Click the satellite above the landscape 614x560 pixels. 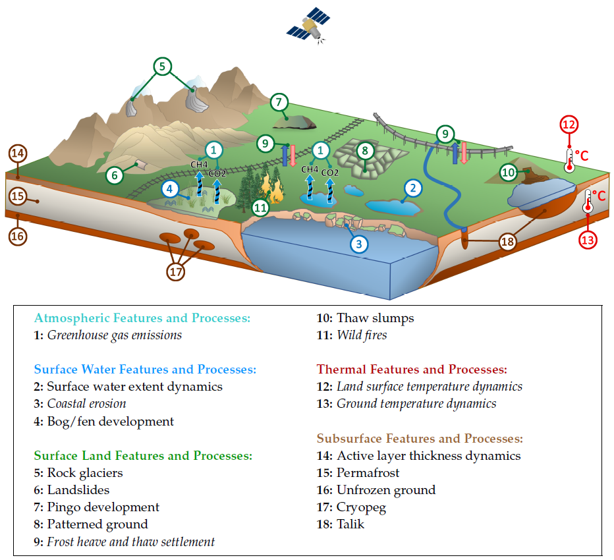click(x=308, y=24)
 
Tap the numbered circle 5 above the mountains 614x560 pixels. click(x=162, y=66)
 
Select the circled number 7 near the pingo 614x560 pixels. click(x=279, y=102)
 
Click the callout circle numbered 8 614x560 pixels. click(x=365, y=151)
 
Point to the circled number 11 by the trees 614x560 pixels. click(x=260, y=208)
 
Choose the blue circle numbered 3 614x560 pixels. click(x=358, y=244)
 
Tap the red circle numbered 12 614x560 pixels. click(x=569, y=125)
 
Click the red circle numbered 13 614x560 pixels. click(x=588, y=240)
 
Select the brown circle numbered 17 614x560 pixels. click(x=176, y=272)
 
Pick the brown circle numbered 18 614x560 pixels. click(x=507, y=242)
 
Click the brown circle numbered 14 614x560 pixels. click(x=18, y=153)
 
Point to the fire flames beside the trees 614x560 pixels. click(x=272, y=187)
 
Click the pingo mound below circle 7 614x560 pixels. click(x=294, y=122)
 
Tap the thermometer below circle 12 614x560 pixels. click(x=569, y=161)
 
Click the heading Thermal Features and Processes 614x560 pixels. click(x=412, y=370)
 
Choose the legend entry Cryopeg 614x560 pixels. click(x=351, y=507)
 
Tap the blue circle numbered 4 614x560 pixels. click(x=169, y=189)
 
